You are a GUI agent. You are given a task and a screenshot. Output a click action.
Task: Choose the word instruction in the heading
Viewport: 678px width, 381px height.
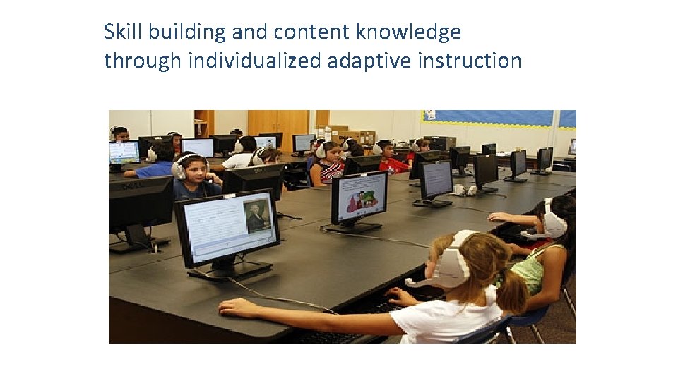pyautogui.click(x=470, y=61)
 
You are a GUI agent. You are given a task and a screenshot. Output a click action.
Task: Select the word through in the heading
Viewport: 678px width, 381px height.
pyautogui.click(x=143, y=61)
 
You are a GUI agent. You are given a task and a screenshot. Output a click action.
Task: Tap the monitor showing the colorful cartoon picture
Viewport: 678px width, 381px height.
pyautogui.click(x=359, y=197)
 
